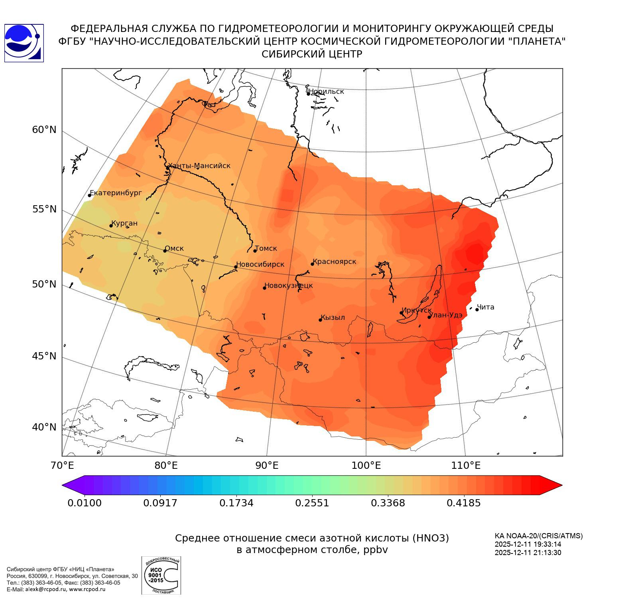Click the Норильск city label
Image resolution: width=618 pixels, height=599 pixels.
click(x=326, y=91)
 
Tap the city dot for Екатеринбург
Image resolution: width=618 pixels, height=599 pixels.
click(x=90, y=195)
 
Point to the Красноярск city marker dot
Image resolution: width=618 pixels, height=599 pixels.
click(x=313, y=264)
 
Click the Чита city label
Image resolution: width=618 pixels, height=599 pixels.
click(x=486, y=307)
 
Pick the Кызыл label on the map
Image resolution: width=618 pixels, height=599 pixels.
click(x=333, y=317)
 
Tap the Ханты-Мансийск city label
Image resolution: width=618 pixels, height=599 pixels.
click(x=199, y=166)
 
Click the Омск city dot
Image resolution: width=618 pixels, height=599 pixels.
click(x=165, y=251)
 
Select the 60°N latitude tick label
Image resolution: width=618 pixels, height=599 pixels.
click(x=44, y=129)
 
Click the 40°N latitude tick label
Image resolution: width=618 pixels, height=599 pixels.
click(x=44, y=427)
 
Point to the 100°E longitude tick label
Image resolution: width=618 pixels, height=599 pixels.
click(x=366, y=465)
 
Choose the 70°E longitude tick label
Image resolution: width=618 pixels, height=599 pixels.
click(x=62, y=465)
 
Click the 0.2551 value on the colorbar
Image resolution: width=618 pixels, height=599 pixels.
click(x=312, y=503)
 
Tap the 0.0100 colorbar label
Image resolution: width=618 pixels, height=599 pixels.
click(x=85, y=503)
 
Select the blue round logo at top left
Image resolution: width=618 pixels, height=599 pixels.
click(x=24, y=43)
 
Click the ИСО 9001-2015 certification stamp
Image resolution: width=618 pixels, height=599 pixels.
click(x=161, y=575)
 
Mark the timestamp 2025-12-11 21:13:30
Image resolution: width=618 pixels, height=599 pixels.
click(x=528, y=553)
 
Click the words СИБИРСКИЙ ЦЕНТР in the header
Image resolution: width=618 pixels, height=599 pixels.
click(x=312, y=54)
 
